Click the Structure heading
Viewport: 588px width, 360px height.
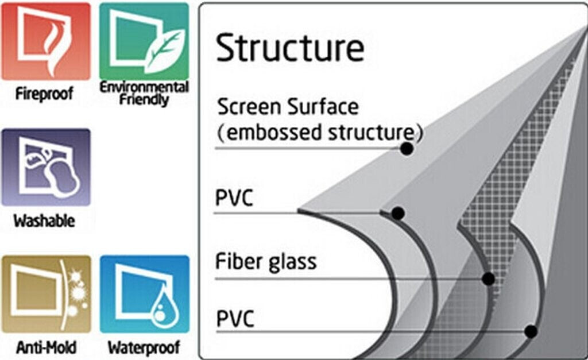pos(290,48)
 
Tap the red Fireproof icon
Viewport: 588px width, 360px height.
pos(46,41)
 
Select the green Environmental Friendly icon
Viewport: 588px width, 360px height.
pos(144,41)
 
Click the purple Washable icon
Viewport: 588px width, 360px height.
pos(46,167)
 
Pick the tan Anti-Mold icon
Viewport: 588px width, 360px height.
pos(46,294)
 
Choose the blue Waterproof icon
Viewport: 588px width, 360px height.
pos(144,294)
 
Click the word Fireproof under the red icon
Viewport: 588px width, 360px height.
pos(45,93)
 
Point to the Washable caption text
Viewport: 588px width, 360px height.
pos(44,220)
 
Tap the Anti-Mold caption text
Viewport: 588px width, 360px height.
pos(46,347)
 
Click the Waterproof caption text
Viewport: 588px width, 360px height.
pos(144,347)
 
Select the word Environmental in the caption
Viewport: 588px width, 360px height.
pos(144,87)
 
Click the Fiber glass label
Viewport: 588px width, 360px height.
pos(266,262)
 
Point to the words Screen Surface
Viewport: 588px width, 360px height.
pos(288,107)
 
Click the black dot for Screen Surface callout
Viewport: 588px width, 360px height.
pos(407,149)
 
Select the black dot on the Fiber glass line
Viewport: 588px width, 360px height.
pos(489,279)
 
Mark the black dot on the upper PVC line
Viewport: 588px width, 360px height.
pos(398,214)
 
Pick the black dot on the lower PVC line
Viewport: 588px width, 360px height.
pos(531,331)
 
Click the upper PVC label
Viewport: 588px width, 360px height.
pos(234,198)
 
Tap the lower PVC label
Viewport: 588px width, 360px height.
pos(235,319)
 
